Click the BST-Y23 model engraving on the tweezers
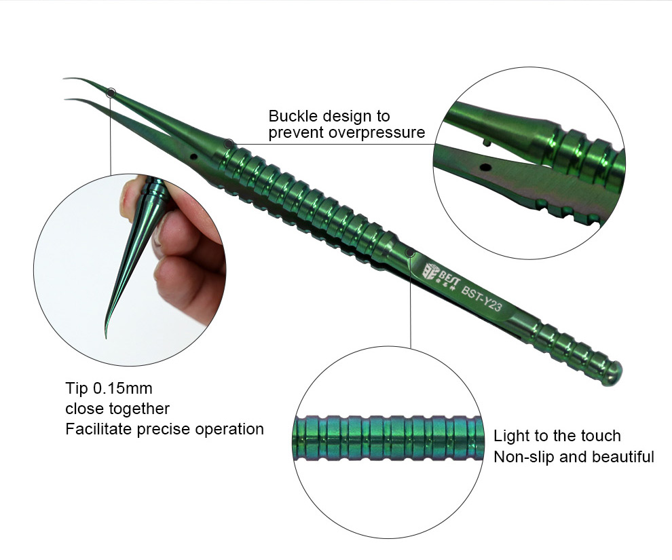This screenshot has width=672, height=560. (x=481, y=299)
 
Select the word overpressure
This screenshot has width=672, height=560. (x=377, y=133)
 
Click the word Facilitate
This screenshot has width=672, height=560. (x=99, y=429)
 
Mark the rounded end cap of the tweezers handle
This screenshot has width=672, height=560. (x=614, y=373)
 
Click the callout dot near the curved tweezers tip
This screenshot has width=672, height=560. (x=111, y=92)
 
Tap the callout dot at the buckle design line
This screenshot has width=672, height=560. (x=229, y=143)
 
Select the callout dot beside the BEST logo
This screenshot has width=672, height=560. (x=410, y=253)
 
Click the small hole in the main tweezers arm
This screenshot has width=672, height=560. (x=193, y=157)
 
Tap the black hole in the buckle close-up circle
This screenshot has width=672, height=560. (x=485, y=167)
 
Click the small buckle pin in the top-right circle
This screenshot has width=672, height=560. (x=485, y=142)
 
